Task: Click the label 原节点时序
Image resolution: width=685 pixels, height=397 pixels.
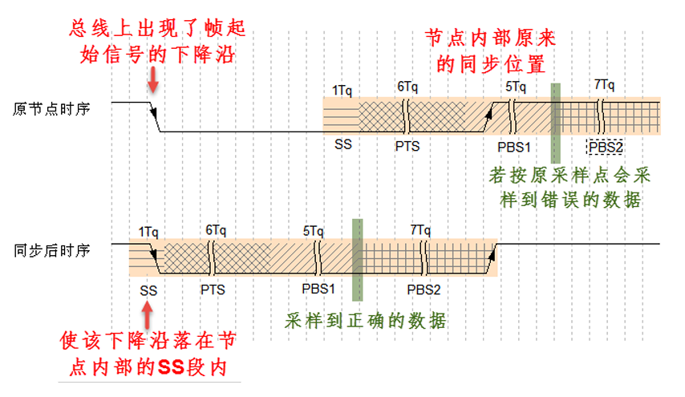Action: pyautogui.click(x=51, y=108)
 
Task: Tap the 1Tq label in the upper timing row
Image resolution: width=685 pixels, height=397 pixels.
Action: pyautogui.click(x=342, y=90)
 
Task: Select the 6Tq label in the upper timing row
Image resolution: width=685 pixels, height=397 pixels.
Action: pyautogui.click(x=407, y=87)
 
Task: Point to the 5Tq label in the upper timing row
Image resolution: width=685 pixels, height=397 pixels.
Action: pyautogui.click(x=516, y=87)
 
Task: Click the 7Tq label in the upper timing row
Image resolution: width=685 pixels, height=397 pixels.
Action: pyautogui.click(x=604, y=85)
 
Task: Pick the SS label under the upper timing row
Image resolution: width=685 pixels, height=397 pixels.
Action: pyautogui.click(x=342, y=145)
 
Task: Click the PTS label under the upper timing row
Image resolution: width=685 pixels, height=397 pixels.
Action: pyautogui.click(x=407, y=146)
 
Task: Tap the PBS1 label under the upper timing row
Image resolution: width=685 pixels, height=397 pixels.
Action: pyautogui.click(x=514, y=146)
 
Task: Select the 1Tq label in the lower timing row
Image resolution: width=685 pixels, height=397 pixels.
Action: pyautogui.click(x=148, y=230)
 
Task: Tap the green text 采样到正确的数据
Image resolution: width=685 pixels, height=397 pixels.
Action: pyautogui.click(x=365, y=321)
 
